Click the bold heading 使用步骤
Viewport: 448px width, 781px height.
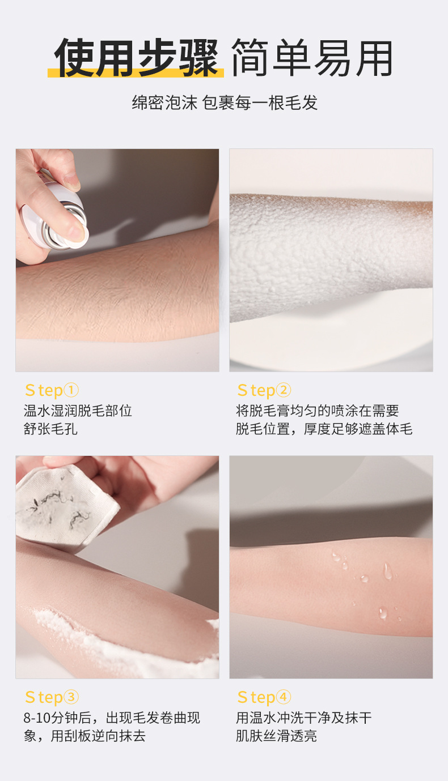coord(136,57)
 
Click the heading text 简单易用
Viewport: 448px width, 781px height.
coord(312,57)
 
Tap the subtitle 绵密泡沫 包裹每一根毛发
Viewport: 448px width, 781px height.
coord(225,103)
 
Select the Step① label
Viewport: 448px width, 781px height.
coord(52,390)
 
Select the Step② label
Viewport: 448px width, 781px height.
coord(264,390)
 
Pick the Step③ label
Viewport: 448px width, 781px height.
coord(52,697)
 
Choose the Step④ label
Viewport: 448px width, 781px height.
coord(264,697)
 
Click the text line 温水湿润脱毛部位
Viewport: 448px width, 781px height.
coord(78,411)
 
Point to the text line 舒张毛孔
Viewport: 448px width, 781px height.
coord(50,429)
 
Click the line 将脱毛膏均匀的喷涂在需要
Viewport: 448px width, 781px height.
coord(317,411)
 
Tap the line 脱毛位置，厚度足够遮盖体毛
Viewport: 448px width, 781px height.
coord(324,429)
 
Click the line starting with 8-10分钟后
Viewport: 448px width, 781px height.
coord(112,718)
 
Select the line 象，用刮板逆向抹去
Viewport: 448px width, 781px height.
coord(84,736)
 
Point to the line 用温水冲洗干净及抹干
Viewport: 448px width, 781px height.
coord(303,718)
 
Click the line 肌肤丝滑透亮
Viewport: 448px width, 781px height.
coord(276,736)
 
